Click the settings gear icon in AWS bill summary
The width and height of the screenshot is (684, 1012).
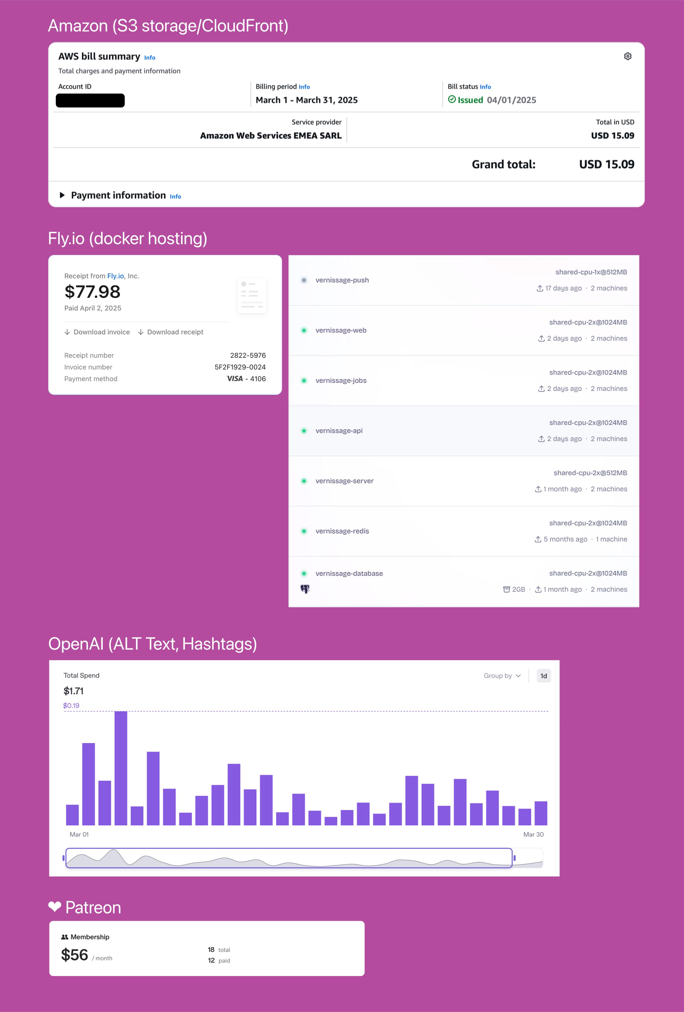(627, 56)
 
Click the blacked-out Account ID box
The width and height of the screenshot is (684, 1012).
(90, 101)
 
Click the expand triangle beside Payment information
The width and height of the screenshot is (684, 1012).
(62, 195)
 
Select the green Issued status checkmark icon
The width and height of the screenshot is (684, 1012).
(452, 100)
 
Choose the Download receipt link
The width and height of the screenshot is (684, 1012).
(171, 332)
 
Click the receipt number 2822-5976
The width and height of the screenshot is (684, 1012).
(248, 355)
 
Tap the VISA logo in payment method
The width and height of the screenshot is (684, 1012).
(235, 379)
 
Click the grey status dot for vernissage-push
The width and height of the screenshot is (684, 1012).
(304, 280)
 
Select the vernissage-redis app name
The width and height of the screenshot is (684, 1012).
(342, 531)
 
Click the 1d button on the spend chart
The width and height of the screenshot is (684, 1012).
(543, 676)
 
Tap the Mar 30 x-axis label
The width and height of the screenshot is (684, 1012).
(533, 834)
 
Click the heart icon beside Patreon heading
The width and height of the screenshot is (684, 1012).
(54, 907)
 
